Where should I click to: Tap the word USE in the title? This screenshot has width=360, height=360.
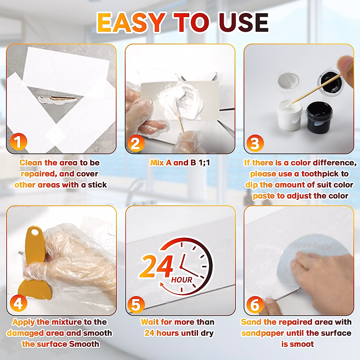(x=243, y=22)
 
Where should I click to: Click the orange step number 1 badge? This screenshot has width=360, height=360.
(x=18, y=142)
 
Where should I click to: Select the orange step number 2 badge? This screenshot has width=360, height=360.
(x=136, y=143)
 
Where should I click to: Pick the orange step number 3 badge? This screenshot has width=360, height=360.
(x=255, y=143)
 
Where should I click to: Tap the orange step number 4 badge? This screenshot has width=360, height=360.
(x=18, y=304)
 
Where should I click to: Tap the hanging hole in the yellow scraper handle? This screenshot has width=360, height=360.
(x=35, y=232)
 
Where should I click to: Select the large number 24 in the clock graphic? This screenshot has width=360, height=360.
(x=157, y=266)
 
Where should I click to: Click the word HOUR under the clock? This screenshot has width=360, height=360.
(x=181, y=280)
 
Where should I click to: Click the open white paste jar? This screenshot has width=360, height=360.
(x=289, y=115)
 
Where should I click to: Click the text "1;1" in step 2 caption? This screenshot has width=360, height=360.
(x=204, y=163)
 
